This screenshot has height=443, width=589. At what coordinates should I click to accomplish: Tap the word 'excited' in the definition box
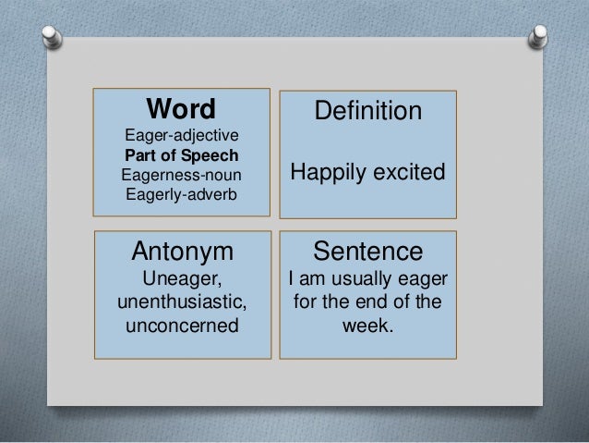pos(406,173)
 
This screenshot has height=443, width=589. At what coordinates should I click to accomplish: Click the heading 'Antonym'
pos(184,251)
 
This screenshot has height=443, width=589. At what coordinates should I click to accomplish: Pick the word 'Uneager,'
pos(184,277)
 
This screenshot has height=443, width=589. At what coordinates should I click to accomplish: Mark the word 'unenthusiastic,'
pos(184,301)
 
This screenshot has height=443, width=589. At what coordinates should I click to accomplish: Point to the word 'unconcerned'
pos(184,326)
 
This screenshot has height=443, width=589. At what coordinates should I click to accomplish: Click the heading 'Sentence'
pos(367,251)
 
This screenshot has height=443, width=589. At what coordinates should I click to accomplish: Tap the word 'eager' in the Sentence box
pos(421,277)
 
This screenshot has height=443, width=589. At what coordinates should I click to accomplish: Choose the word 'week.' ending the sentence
pos(367,326)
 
